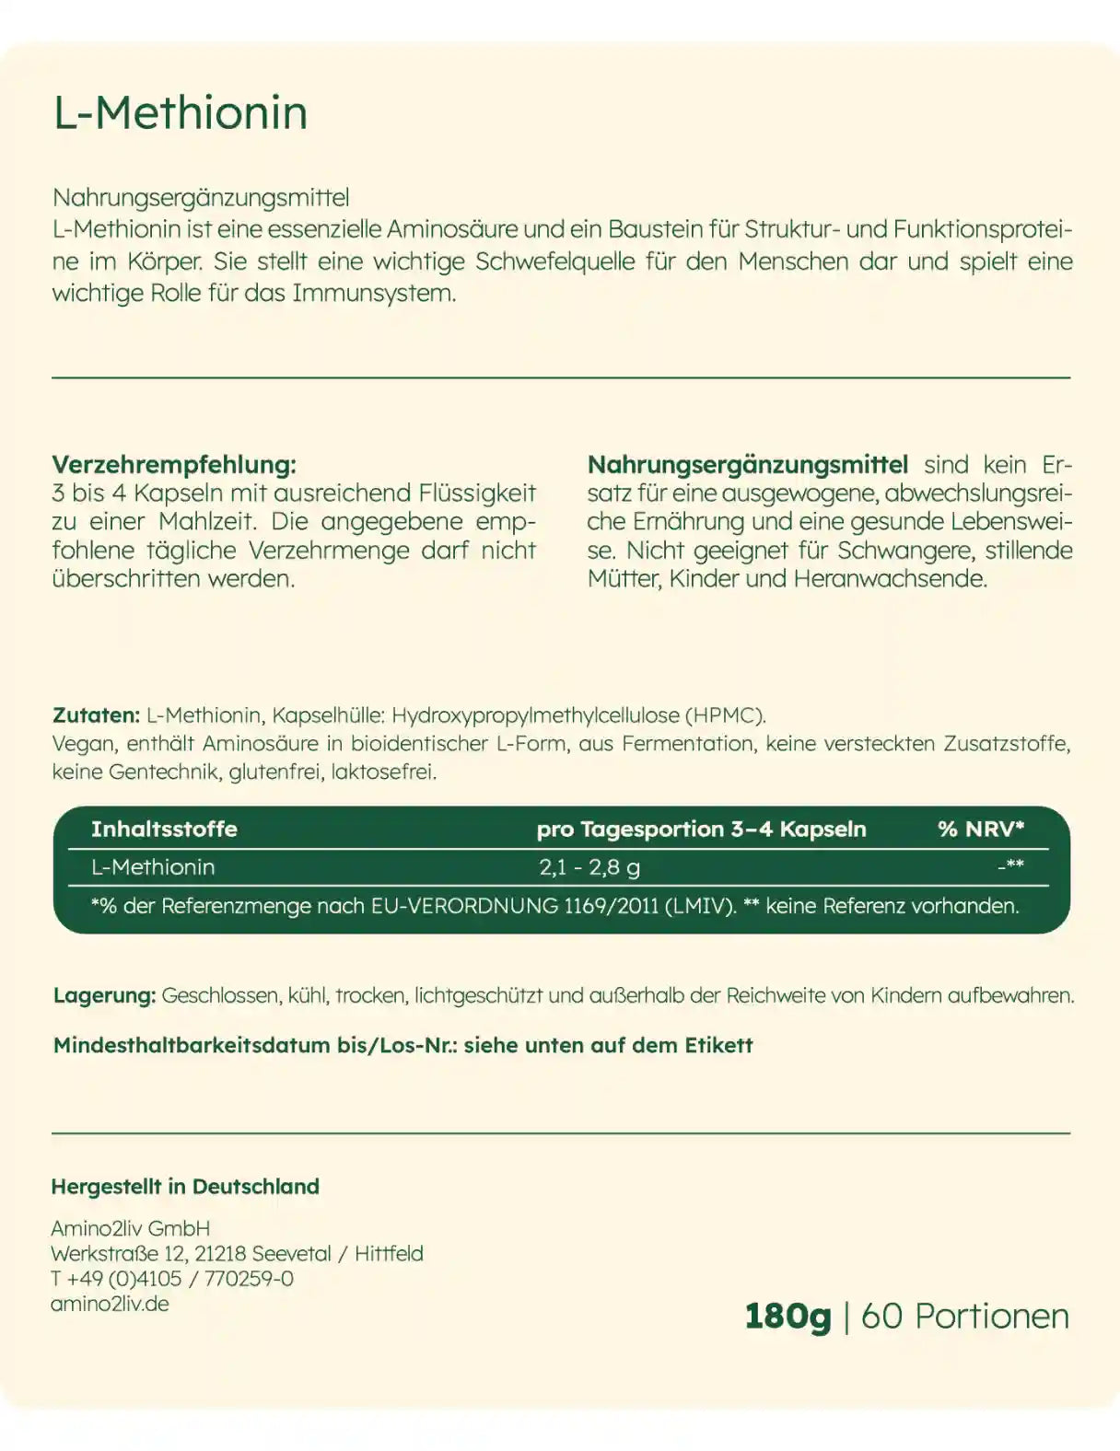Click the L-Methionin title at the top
tap(181, 113)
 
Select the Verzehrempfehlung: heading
tap(174, 464)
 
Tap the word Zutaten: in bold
tap(96, 714)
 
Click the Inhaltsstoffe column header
tap(164, 829)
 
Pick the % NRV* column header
tap(981, 829)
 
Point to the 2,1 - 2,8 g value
tap(589, 866)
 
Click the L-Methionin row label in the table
tap(153, 866)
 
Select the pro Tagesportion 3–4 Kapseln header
tap(701, 829)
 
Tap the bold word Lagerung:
tap(104, 995)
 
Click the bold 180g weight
tap(787, 1316)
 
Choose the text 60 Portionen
tap(964, 1316)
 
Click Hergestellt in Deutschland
tap(185, 1187)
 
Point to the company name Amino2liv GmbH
tap(131, 1228)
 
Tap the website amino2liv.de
tap(110, 1304)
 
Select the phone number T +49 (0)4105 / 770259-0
tap(172, 1278)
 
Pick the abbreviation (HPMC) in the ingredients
tap(725, 714)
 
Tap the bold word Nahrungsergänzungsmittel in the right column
tap(748, 464)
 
